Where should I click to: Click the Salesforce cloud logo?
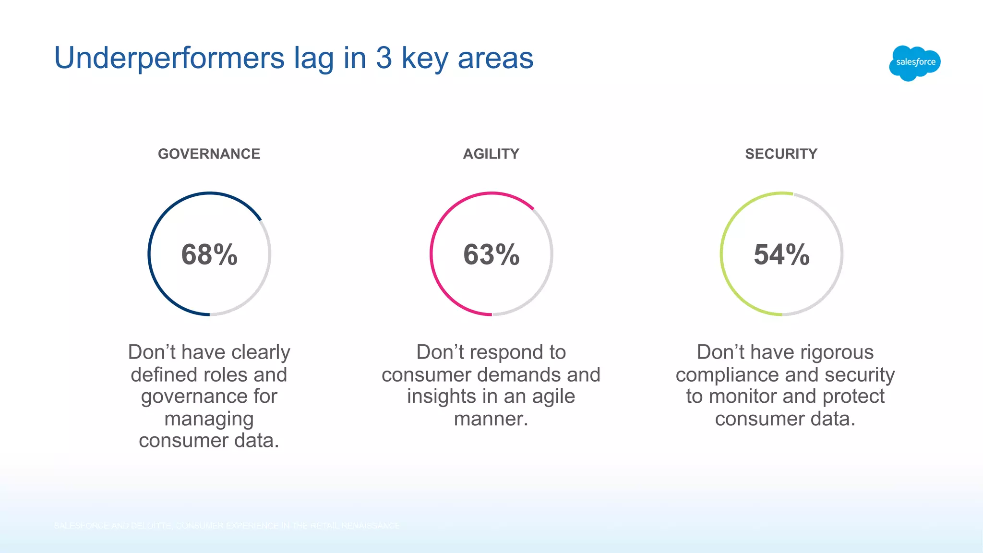(x=915, y=62)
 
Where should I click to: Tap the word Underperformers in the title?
(x=169, y=58)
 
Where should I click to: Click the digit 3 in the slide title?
(x=384, y=58)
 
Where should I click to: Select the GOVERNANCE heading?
(x=209, y=154)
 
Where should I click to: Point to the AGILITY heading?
(x=491, y=154)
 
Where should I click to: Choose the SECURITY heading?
(x=781, y=154)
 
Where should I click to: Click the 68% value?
(x=209, y=254)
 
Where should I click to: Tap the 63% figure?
(x=491, y=254)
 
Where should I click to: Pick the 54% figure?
(x=781, y=254)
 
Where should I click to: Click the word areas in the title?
(x=495, y=58)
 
